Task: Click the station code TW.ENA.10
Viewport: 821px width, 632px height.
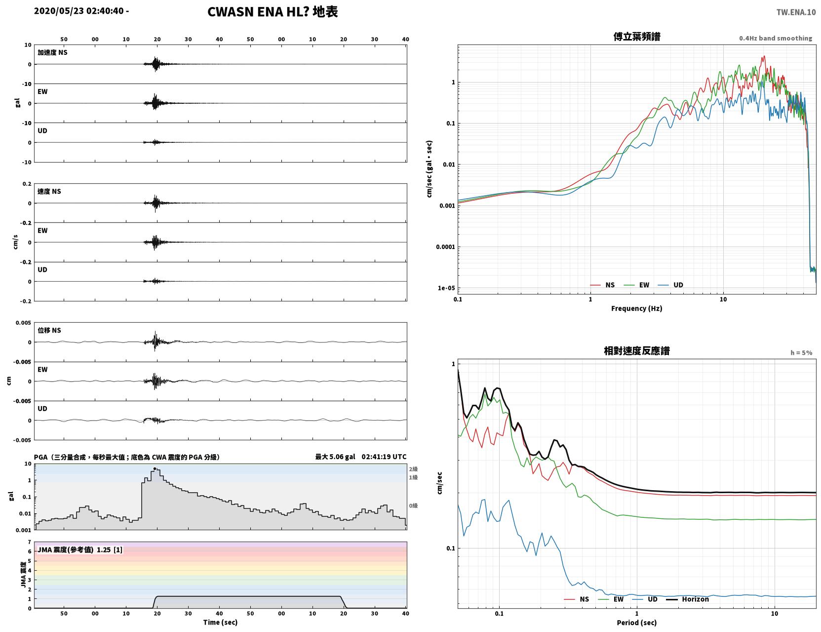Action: click(796, 12)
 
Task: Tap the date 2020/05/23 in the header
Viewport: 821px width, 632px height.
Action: click(59, 10)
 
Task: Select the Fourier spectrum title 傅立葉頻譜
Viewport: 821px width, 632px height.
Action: click(637, 37)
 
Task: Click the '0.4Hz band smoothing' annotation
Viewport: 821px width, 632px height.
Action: click(775, 38)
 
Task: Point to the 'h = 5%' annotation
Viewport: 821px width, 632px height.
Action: click(801, 353)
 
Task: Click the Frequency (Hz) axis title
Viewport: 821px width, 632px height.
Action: click(637, 308)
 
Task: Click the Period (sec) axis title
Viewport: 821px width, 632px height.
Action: click(637, 623)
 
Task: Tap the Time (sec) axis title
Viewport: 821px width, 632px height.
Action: click(220, 622)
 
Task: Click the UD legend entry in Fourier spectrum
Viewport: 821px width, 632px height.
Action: click(670, 285)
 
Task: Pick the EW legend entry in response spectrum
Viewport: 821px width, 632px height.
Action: click(611, 599)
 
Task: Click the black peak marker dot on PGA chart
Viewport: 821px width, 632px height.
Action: click(155, 469)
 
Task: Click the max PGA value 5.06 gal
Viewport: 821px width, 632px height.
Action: click(335, 457)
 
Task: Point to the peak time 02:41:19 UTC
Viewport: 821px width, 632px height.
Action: click(384, 457)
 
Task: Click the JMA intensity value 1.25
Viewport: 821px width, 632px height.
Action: click(104, 549)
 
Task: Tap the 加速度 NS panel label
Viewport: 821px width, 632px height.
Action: click(52, 52)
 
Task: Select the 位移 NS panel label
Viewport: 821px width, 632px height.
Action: click(49, 331)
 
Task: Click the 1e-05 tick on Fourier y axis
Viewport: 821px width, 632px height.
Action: click(446, 288)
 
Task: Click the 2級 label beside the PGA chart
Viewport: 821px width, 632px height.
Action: click(413, 469)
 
